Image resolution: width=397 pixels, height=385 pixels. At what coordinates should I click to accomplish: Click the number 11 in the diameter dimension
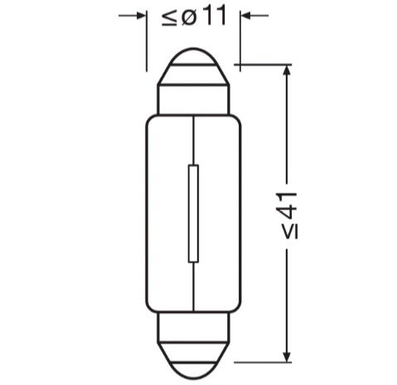tap(214, 15)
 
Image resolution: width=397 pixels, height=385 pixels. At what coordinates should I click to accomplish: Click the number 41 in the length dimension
tap(286, 205)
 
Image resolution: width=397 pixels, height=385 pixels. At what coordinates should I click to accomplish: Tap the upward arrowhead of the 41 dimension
tap(287, 70)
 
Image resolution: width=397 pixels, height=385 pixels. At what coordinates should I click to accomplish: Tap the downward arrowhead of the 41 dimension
tap(287, 356)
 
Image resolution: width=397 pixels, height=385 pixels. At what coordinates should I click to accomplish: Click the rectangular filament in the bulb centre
tap(193, 214)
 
